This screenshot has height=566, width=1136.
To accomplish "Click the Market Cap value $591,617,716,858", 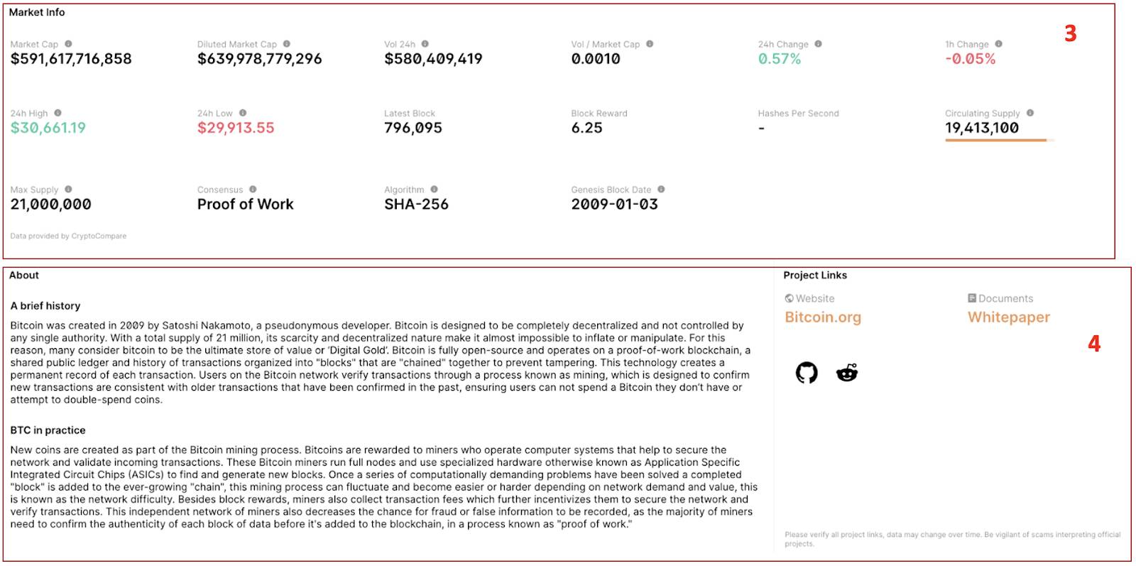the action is [71, 59].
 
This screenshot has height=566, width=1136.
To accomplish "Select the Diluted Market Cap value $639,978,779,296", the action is [260, 59].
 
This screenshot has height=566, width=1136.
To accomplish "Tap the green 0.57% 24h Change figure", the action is [780, 59].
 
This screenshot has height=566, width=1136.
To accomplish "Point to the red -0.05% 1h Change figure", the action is [971, 59].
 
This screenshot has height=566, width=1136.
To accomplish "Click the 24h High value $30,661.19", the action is [48, 128].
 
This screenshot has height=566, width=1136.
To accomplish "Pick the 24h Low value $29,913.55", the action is [236, 128].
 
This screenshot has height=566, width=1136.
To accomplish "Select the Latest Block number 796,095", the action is [413, 128].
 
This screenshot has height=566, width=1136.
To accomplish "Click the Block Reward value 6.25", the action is [586, 128].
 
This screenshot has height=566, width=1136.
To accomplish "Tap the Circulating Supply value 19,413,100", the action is [982, 128].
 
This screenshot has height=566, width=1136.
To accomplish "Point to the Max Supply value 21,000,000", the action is [50, 205].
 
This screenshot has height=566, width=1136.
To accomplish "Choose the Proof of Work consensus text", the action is [246, 205].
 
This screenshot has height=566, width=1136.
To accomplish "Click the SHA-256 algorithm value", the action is [416, 205].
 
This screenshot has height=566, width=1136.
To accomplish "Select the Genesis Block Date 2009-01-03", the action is [615, 205].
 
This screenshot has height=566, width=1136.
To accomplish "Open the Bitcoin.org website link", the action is [823, 317].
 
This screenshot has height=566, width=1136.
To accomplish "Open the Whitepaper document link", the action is [1009, 317].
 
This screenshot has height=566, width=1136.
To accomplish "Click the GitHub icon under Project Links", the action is [807, 373].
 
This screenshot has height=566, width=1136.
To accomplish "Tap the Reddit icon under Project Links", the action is [847, 373].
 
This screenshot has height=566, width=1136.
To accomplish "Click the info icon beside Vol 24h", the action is [425, 44].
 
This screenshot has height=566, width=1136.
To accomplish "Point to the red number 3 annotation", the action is [1071, 33].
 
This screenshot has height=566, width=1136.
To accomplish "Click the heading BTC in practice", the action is [48, 430].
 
